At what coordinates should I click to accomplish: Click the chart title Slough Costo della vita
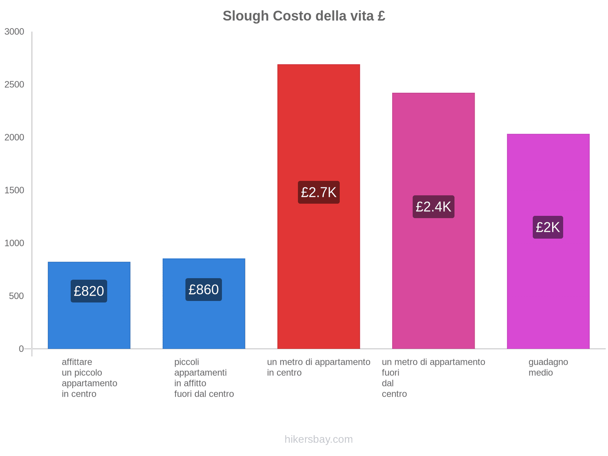304,16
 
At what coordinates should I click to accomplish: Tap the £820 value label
89,291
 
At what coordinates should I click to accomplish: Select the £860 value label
204,290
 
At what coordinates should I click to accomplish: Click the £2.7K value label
318,192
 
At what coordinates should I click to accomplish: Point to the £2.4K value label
433,207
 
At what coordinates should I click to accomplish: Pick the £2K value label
548,227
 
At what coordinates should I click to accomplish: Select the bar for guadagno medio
548,171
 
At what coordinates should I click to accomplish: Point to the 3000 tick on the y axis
14,32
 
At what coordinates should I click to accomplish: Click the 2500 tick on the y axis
14,85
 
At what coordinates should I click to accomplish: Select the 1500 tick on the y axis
14,190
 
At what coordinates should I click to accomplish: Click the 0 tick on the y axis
21,349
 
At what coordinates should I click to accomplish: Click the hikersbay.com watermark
318,439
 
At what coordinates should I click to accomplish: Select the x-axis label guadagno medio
548,367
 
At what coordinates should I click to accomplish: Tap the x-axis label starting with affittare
89,378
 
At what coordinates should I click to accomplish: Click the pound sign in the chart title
381,16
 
